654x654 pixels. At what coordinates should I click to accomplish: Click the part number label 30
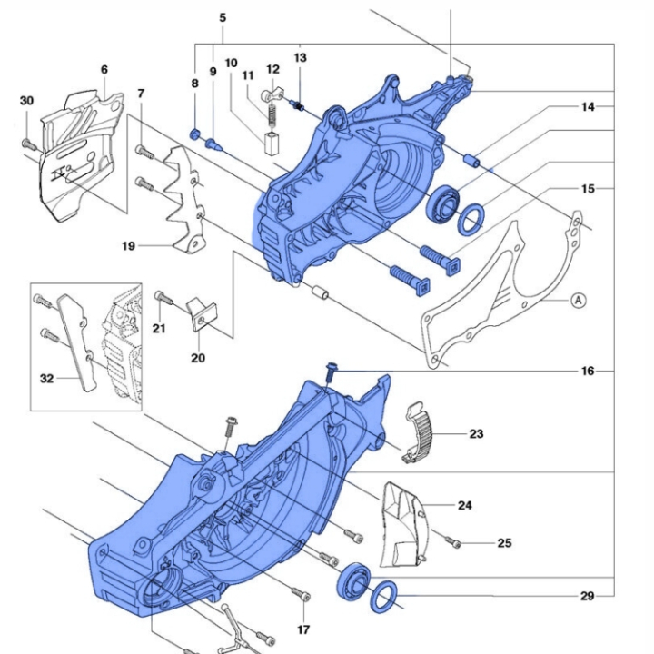pyautogui.click(x=26, y=101)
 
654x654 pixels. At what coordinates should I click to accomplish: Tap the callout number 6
pyautogui.click(x=104, y=70)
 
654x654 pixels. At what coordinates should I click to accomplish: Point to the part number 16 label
pyautogui.click(x=589, y=372)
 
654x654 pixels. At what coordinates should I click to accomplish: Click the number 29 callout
pyautogui.click(x=588, y=597)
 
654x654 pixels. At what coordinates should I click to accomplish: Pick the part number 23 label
pyautogui.click(x=477, y=434)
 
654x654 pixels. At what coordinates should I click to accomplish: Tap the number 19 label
pyautogui.click(x=128, y=245)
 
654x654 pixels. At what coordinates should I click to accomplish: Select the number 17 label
pyautogui.click(x=302, y=629)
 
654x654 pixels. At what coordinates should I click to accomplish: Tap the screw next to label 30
pyautogui.click(x=28, y=143)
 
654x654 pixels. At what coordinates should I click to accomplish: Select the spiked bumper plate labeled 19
pyautogui.click(x=185, y=204)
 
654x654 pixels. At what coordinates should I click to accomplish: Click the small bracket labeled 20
pyautogui.click(x=205, y=314)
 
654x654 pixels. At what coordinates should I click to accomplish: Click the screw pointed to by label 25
pyautogui.click(x=455, y=543)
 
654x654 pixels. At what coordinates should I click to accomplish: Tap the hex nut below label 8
pyautogui.click(x=194, y=134)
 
